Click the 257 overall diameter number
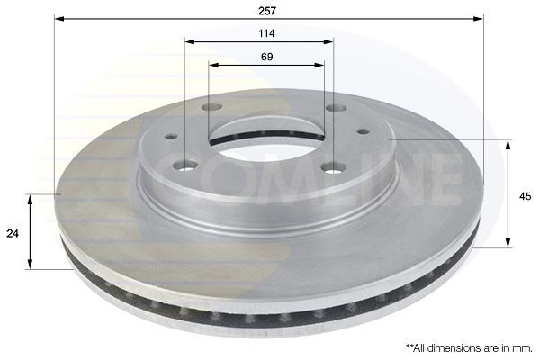(267, 11)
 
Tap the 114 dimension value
(267, 33)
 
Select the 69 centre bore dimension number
(267, 57)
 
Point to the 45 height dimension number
(526, 196)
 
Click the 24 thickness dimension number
(13, 233)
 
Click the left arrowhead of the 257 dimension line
(59, 18)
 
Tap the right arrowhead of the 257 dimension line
(479, 18)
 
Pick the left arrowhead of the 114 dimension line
(189, 41)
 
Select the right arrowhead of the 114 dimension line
(328, 41)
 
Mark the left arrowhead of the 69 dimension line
(214, 65)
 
